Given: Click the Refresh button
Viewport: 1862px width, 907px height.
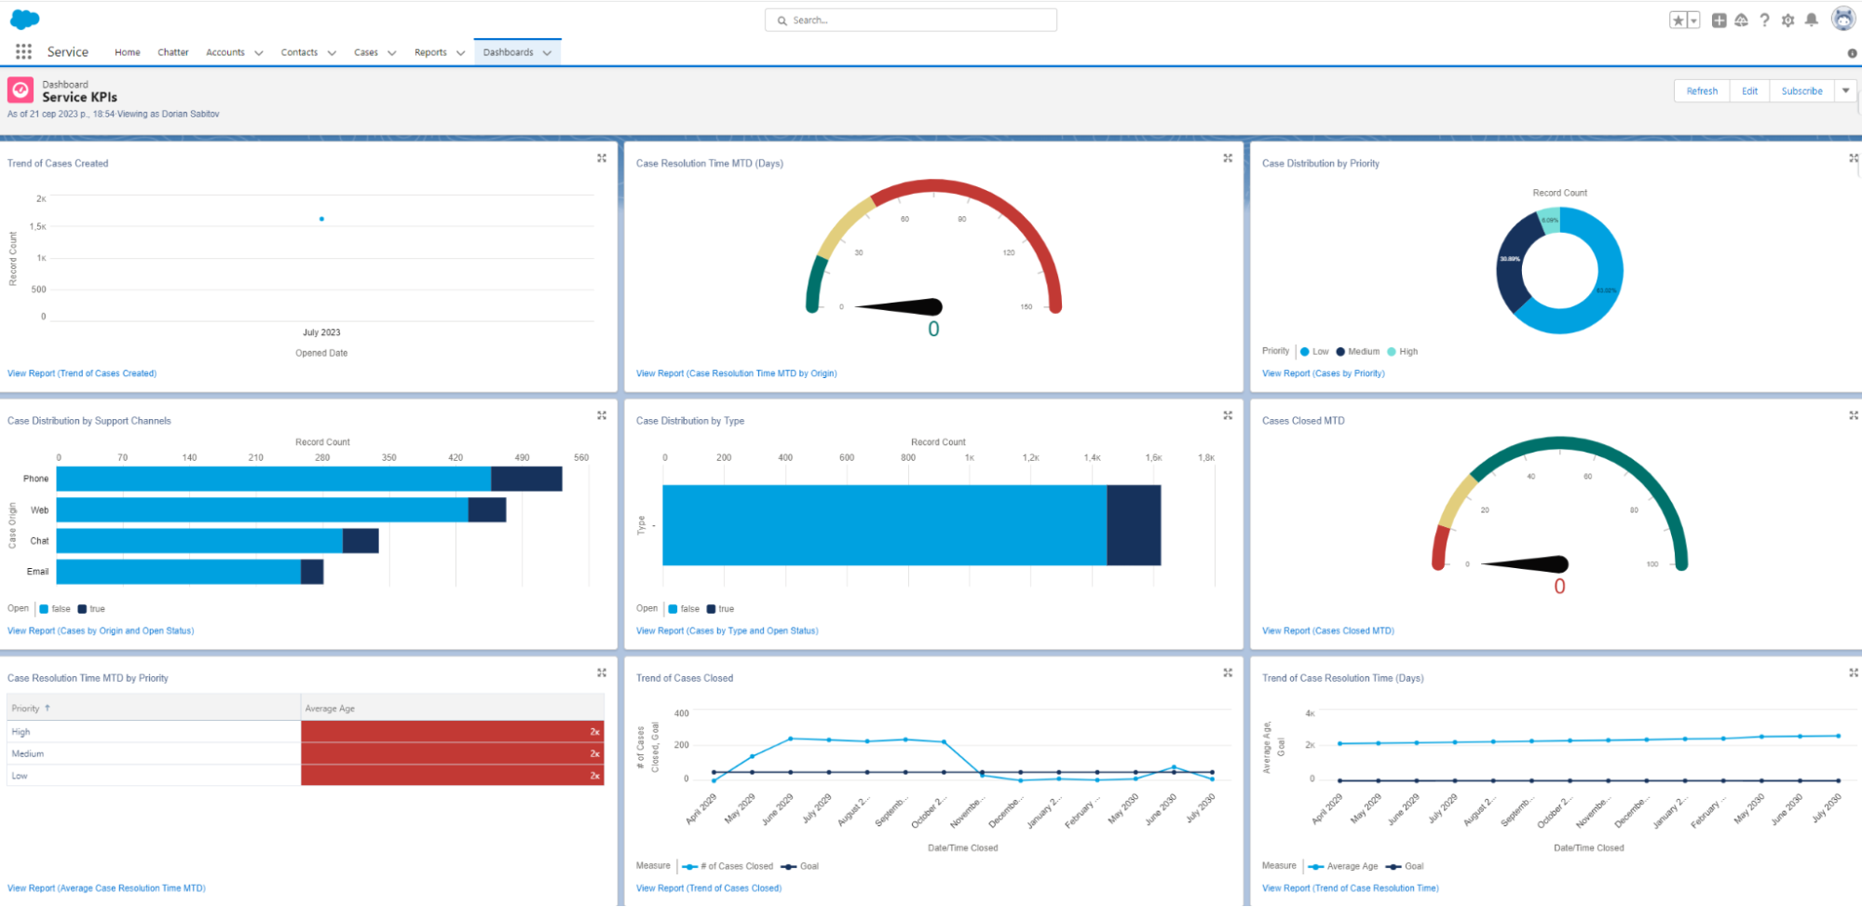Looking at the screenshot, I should click(x=1701, y=91).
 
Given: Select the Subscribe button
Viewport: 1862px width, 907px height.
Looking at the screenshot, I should click(x=1801, y=91).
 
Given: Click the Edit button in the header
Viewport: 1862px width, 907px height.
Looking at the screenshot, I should click(x=1749, y=91).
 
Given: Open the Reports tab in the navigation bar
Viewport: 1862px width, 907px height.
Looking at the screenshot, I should click(x=430, y=53).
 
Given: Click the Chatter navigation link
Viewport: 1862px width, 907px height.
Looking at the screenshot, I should click(x=172, y=53).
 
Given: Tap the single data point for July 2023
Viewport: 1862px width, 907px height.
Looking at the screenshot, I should click(x=321, y=219).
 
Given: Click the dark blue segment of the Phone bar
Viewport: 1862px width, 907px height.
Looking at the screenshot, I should click(x=526, y=479).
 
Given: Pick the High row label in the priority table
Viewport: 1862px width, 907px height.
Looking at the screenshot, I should click(x=20, y=733).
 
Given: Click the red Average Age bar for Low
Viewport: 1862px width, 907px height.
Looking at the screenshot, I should click(x=452, y=776).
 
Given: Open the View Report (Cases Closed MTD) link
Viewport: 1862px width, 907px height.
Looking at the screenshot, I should click(x=1327, y=631).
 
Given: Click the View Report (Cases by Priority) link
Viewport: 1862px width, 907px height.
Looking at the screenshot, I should click(x=1323, y=373).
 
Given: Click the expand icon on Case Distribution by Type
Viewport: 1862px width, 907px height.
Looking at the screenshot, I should click(x=1228, y=415).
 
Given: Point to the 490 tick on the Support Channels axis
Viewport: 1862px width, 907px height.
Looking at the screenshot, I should click(x=522, y=458).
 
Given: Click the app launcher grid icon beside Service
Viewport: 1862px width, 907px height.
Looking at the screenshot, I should click(x=23, y=52).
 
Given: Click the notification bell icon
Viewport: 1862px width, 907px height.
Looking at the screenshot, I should click(x=1811, y=20).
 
